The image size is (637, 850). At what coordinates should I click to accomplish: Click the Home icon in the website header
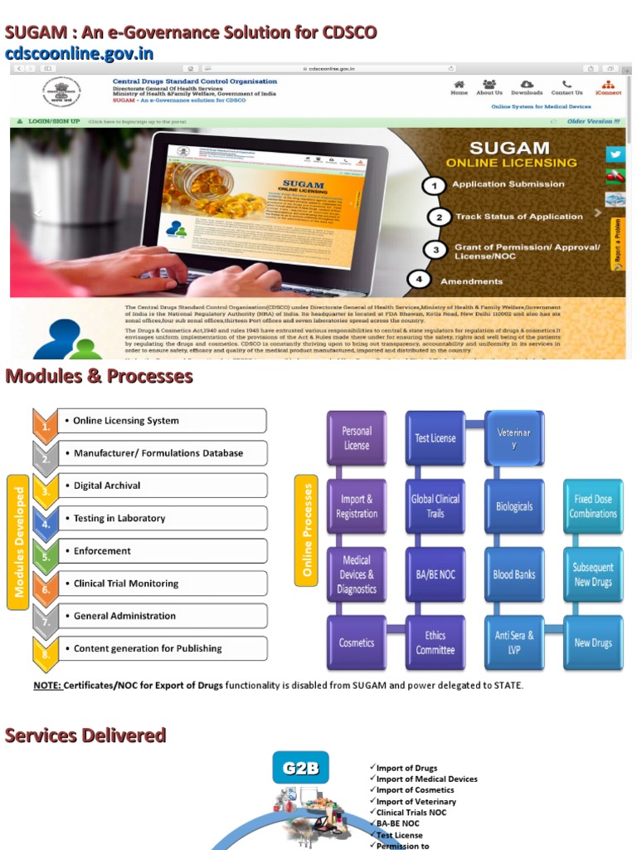tap(459, 84)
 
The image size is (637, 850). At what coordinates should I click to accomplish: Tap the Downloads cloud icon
tap(527, 84)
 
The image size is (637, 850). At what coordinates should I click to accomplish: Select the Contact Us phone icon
tap(566, 84)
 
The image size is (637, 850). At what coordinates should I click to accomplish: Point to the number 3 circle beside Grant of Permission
tap(435, 250)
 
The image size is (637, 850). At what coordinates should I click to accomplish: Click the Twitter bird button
tap(615, 154)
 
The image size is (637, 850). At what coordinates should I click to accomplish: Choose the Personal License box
tap(357, 437)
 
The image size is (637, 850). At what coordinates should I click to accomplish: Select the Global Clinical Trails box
tap(435, 506)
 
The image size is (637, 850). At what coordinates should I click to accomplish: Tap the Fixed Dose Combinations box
tap(593, 506)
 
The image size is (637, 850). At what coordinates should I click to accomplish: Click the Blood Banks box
tap(514, 574)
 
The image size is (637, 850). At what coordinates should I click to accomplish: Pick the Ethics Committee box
tap(435, 642)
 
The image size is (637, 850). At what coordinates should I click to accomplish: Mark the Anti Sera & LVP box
tap(514, 642)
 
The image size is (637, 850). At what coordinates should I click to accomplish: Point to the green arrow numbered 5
tap(46, 552)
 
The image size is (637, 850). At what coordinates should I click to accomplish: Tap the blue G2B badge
tap(300, 768)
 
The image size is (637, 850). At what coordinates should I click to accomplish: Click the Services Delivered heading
tap(85, 735)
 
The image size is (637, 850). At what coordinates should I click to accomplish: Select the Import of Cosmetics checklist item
tap(415, 790)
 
